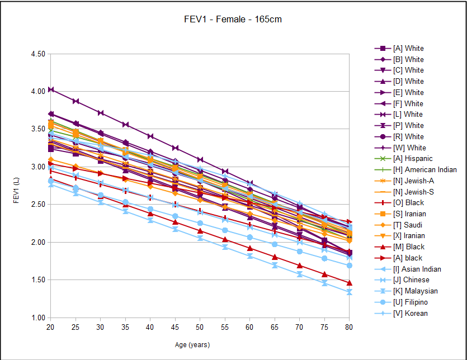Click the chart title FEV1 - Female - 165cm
[x=233, y=20]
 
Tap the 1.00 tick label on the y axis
[x=37, y=318]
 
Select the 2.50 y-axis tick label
[x=37, y=205]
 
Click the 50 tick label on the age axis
[x=200, y=327]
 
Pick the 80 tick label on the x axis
[x=350, y=327]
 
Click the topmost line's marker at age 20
[x=50, y=89]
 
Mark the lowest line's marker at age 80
[x=350, y=292]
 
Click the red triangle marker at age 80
[x=350, y=283]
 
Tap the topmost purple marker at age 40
[x=150, y=136]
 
